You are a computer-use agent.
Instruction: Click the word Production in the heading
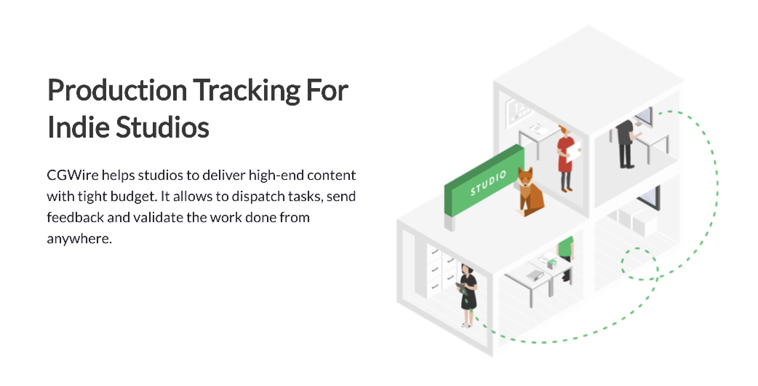click(x=117, y=90)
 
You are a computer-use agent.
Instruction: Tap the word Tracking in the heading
click(x=247, y=90)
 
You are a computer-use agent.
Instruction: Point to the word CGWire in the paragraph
click(x=72, y=175)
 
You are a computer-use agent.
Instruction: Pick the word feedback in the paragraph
click(x=75, y=217)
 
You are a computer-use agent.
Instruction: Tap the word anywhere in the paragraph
click(x=79, y=239)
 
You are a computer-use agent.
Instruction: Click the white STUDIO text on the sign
click(x=488, y=183)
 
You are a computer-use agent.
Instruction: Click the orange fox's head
click(x=525, y=177)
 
